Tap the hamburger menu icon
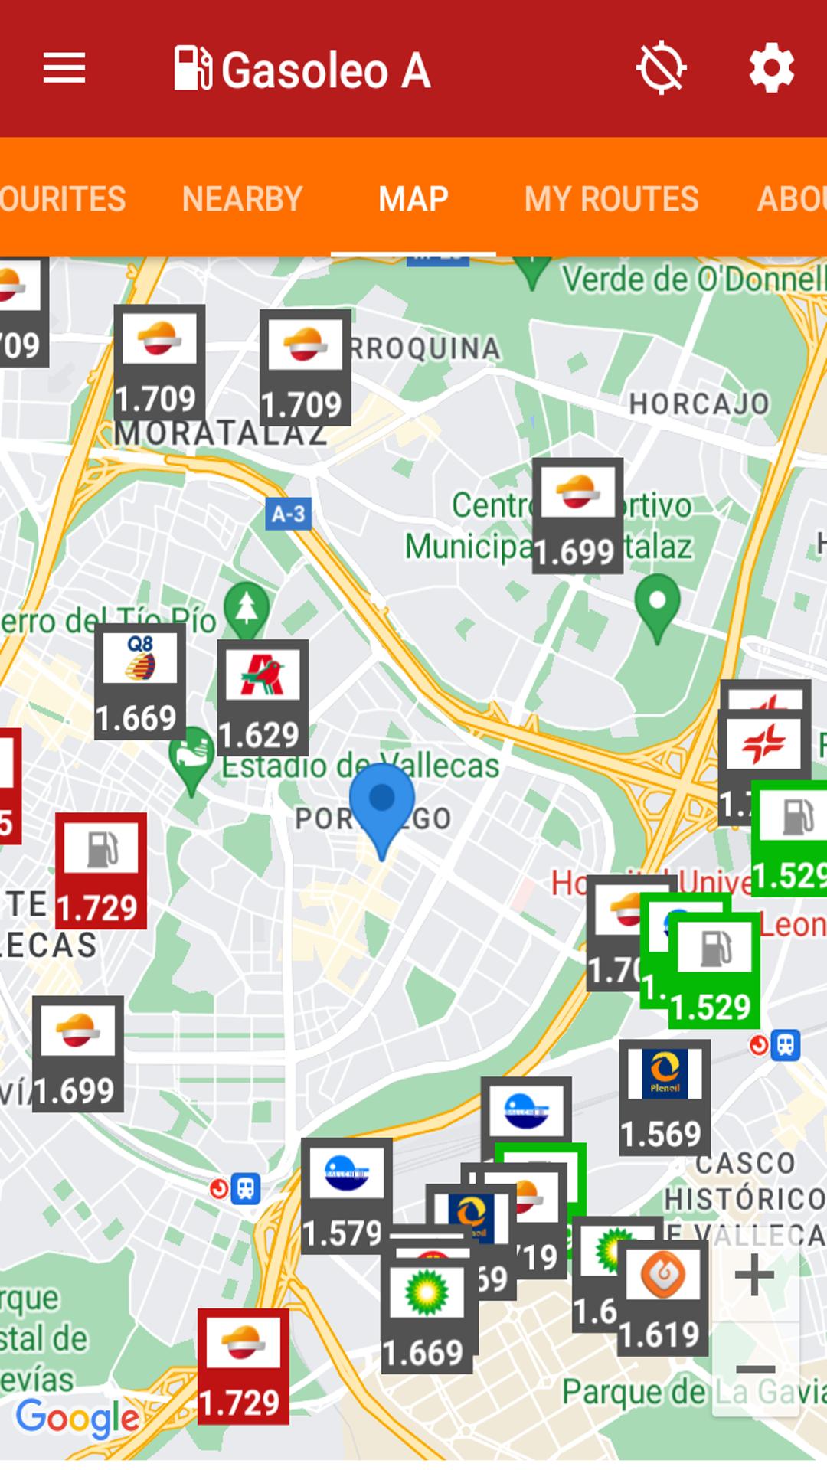64,69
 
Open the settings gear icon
771,69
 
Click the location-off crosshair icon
661,69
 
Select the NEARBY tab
242,199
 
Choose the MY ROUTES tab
611,199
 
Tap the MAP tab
413,199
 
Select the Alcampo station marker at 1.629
262,697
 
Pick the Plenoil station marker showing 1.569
664,1096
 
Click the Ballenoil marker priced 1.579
346,1194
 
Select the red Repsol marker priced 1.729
243,1366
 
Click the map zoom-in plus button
755,1275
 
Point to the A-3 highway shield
288,514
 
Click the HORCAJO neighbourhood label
699,403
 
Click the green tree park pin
246,609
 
